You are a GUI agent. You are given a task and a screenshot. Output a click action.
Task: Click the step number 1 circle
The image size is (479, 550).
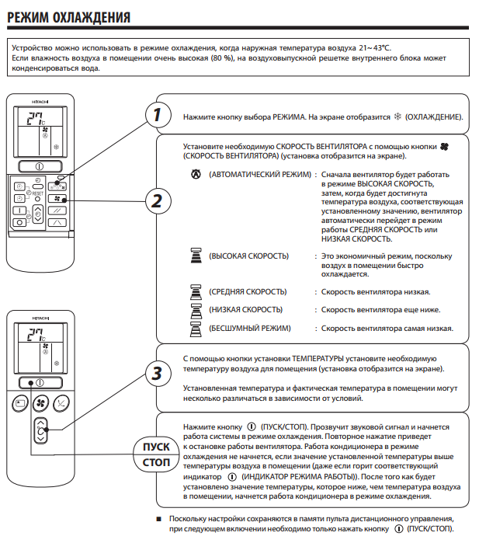tap(158, 116)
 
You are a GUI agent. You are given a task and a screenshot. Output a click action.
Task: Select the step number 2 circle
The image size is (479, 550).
tap(158, 200)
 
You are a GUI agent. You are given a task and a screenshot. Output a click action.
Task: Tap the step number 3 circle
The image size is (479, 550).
tap(158, 373)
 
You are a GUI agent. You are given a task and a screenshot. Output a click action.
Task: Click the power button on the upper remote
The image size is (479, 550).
tap(37, 167)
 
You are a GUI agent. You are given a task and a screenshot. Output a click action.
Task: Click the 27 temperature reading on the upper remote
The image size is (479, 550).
tap(33, 118)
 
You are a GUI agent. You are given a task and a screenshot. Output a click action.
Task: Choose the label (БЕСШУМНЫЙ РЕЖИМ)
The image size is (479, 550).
tap(250, 329)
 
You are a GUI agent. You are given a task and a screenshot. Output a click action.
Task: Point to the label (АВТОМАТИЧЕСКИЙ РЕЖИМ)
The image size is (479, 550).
tap(259, 176)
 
